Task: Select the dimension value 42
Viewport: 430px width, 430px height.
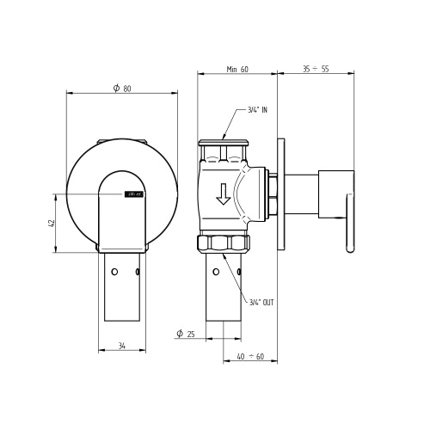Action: point(51,224)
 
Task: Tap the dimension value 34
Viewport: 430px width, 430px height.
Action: point(122,346)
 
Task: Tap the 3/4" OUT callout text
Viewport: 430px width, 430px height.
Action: point(261,303)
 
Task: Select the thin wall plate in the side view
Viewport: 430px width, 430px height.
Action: point(279,194)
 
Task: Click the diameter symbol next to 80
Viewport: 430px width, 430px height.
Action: point(115,88)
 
